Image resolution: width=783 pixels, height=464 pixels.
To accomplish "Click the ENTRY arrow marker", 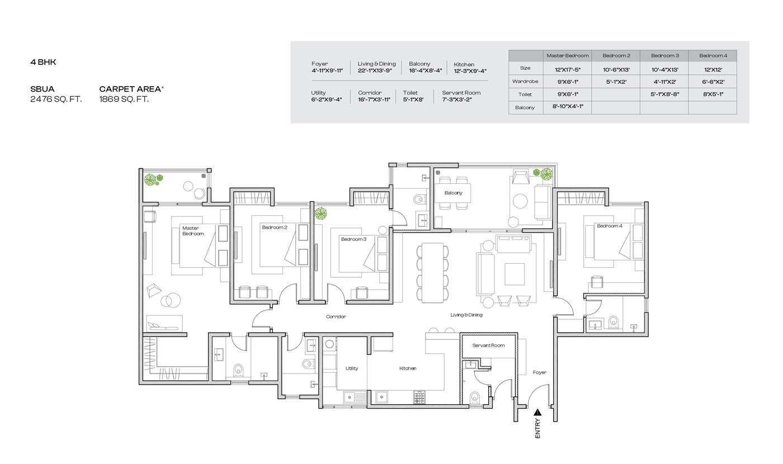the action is (537, 413).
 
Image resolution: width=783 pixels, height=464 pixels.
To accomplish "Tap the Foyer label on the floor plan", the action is (539, 372).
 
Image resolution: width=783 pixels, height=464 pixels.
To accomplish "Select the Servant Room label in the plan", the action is (488, 345).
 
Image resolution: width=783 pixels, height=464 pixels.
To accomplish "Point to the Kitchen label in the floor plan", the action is (408, 368).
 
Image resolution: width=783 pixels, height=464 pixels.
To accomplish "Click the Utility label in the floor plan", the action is (352, 368).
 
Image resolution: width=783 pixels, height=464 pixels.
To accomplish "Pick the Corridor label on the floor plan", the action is (336, 316).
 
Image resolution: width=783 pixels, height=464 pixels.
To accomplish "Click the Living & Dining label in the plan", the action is (466, 315).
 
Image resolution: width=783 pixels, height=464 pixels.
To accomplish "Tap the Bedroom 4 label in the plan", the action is (609, 226).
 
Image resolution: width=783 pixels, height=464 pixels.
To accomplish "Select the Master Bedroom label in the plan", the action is (193, 230).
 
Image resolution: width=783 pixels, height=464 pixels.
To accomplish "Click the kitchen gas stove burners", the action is (419, 397).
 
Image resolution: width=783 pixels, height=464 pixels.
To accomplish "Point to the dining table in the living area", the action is (432, 273).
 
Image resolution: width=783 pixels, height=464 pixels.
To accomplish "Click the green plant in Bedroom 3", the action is (320, 213).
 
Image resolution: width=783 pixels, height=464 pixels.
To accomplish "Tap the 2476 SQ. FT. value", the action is (56, 100).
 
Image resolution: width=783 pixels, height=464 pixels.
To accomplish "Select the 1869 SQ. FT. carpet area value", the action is (124, 100).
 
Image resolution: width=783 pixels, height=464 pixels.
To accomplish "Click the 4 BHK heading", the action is (44, 62).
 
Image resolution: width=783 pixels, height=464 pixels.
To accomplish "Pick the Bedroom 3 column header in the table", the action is (665, 55).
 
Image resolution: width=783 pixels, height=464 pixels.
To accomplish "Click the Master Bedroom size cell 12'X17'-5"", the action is (567, 69).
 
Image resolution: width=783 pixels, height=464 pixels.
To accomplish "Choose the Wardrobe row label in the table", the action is (525, 82).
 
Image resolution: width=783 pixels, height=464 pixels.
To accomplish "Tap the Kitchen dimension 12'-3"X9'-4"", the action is (470, 71).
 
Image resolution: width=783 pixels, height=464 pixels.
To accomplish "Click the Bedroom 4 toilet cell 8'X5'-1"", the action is (713, 94).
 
